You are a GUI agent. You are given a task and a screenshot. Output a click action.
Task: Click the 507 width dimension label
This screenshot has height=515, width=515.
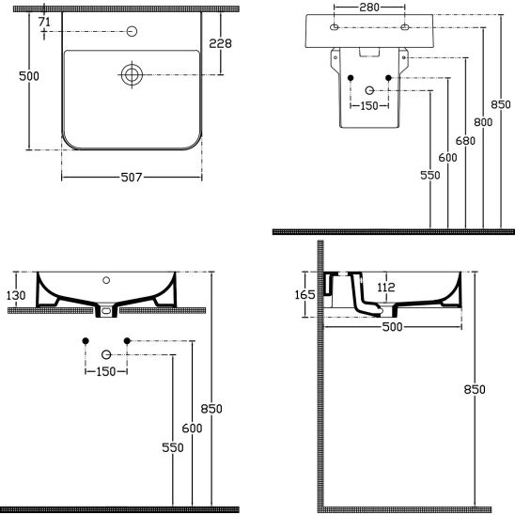pyautogui.click(x=132, y=178)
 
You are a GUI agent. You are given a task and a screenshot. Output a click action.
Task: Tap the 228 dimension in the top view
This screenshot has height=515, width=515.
pyautogui.click(x=221, y=43)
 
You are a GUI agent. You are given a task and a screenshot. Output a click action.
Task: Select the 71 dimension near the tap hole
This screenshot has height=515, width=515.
pyautogui.click(x=44, y=22)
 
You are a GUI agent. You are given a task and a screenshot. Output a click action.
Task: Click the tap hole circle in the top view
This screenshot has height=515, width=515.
pyautogui.click(x=132, y=31)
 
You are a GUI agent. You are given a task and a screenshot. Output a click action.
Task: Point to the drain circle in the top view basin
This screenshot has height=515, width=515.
pyautogui.click(x=132, y=75)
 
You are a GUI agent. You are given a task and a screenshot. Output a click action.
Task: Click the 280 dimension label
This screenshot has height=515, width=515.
pyautogui.click(x=369, y=8)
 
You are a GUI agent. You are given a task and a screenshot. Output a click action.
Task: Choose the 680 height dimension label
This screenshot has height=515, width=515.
pyautogui.click(x=465, y=141)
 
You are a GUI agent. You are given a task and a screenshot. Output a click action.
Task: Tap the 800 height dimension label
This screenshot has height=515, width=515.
pyautogui.click(x=483, y=122)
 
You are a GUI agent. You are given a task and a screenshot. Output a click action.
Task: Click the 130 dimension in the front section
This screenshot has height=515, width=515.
pyautogui.click(x=16, y=295)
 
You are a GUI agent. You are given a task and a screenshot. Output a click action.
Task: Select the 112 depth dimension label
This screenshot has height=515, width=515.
pyautogui.click(x=386, y=288)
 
